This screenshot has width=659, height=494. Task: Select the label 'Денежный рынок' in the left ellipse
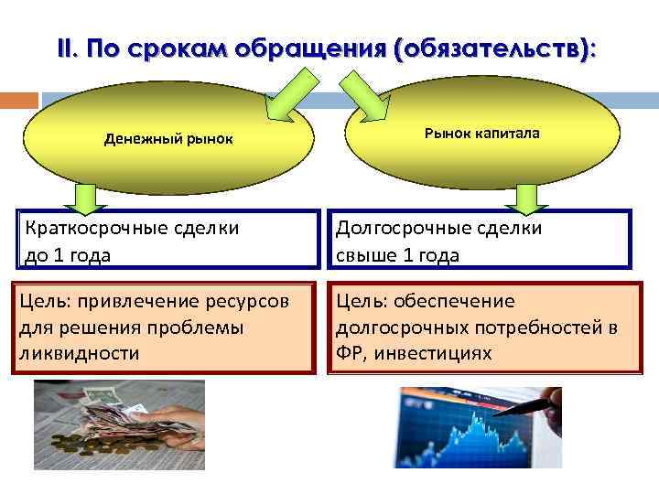pos(168,140)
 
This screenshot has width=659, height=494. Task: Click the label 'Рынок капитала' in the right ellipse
pos(481,134)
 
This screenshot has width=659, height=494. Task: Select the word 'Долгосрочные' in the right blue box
pos(396,228)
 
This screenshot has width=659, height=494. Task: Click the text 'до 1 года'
pos(65,255)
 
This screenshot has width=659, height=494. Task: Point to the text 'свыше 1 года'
pos(398,255)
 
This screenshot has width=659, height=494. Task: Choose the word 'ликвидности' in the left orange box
pos(79,353)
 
